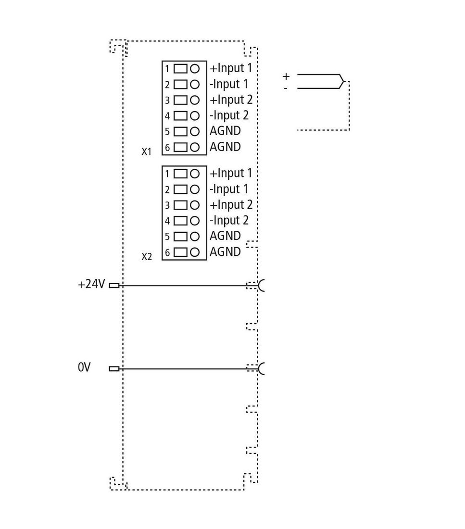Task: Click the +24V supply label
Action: point(91,284)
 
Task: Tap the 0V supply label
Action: point(84,367)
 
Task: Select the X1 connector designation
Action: point(147,152)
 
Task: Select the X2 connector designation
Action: point(147,257)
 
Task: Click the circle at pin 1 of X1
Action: point(195,69)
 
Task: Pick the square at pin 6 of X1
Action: point(180,148)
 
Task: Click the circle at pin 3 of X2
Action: point(195,205)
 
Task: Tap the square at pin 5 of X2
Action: point(180,237)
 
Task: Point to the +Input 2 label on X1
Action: point(231,100)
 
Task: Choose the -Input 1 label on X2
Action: point(229,189)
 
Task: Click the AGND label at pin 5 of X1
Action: point(225,131)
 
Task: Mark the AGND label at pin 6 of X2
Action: point(225,252)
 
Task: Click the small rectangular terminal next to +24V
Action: point(114,286)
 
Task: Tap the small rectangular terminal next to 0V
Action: point(114,369)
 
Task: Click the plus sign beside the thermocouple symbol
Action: point(286,76)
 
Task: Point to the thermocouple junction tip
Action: point(344,81)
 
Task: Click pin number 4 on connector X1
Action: point(167,116)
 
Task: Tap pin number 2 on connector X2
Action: point(167,189)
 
